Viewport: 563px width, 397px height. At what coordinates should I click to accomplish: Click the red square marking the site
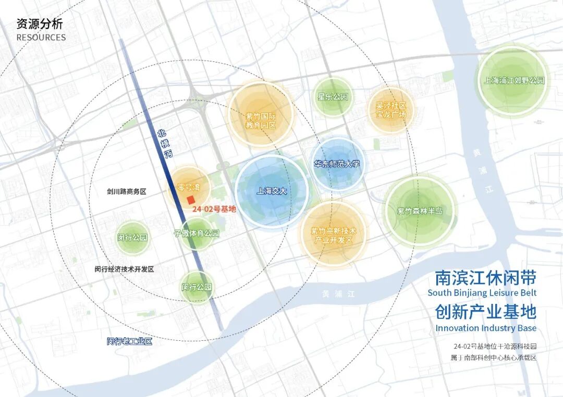tap(191, 200)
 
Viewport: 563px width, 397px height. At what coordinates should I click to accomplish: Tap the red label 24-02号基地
tap(214, 210)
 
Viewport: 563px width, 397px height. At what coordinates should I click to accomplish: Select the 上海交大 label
tap(272, 191)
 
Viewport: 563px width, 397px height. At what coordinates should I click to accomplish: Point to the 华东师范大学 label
tap(337, 164)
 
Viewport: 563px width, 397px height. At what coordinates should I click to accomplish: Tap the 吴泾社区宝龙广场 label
tap(390, 110)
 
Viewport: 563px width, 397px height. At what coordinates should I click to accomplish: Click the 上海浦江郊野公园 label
tap(513, 81)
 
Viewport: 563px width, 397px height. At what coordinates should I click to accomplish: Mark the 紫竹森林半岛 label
tap(419, 211)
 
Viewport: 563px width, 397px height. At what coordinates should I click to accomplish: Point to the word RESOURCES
tap(41, 37)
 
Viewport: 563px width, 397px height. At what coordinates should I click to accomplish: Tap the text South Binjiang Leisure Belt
tap(482, 293)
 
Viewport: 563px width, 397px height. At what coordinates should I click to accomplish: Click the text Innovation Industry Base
tap(486, 328)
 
